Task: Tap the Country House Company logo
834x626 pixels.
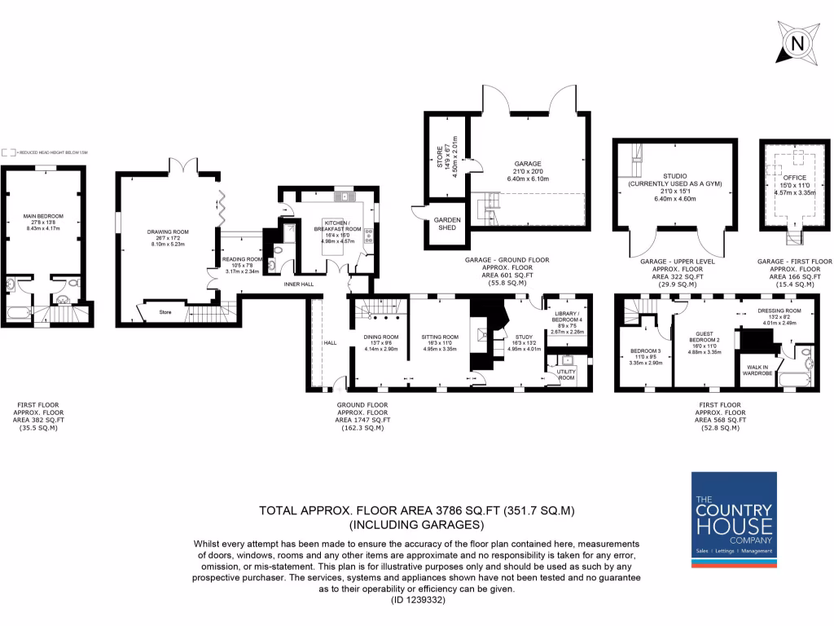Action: click(733, 516)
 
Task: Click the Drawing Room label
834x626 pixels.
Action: click(163, 232)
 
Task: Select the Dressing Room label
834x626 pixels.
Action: click(779, 311)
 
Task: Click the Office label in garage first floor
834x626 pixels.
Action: click(788, 178)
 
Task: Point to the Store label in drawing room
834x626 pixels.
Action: click(165, 311)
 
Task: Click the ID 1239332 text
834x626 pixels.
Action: click(416, 601)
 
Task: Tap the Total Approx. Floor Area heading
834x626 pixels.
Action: click(416, 511)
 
